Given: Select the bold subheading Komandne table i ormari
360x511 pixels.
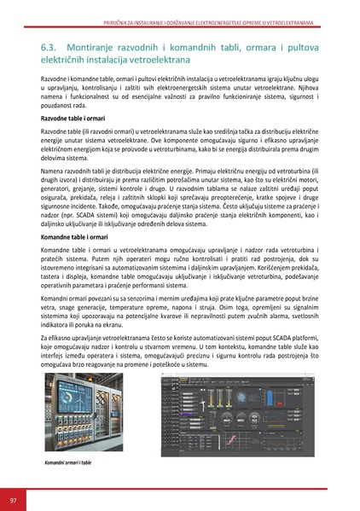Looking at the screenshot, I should click(78, 233).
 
